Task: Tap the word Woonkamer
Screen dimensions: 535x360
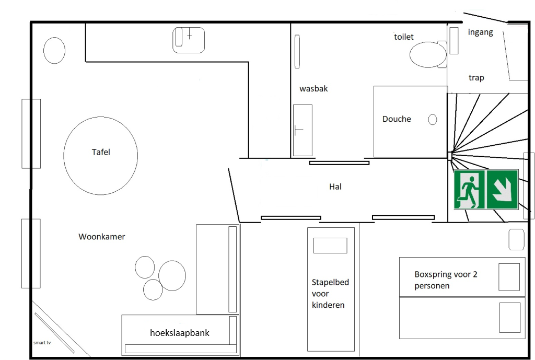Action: (102, 237)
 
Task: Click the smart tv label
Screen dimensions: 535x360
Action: (42, 343)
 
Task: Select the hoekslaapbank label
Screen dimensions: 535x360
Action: (180, 333)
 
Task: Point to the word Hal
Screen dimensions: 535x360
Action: (335, 187)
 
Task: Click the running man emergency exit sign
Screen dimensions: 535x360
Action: (470, 189)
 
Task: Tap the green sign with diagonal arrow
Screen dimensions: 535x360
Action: (502, 189)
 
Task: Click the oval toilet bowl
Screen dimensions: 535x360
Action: (428, 54)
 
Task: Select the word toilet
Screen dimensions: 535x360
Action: (404, 37)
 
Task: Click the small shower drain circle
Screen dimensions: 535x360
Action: (432, 120)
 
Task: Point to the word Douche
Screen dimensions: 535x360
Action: (397, 119)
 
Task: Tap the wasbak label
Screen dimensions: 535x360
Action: (313, 89)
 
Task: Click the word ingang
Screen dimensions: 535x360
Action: (481, 32)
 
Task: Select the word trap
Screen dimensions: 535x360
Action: (476, 78)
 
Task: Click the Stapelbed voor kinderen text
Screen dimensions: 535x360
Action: (330, 294)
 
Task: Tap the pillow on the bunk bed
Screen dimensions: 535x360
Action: (330, 246)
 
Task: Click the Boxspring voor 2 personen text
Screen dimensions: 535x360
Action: (446, 280)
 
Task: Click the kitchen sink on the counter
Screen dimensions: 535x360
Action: (189, 40)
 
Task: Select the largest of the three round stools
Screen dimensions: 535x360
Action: (172, 276)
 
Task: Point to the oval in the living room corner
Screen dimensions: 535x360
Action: (54, 51)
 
